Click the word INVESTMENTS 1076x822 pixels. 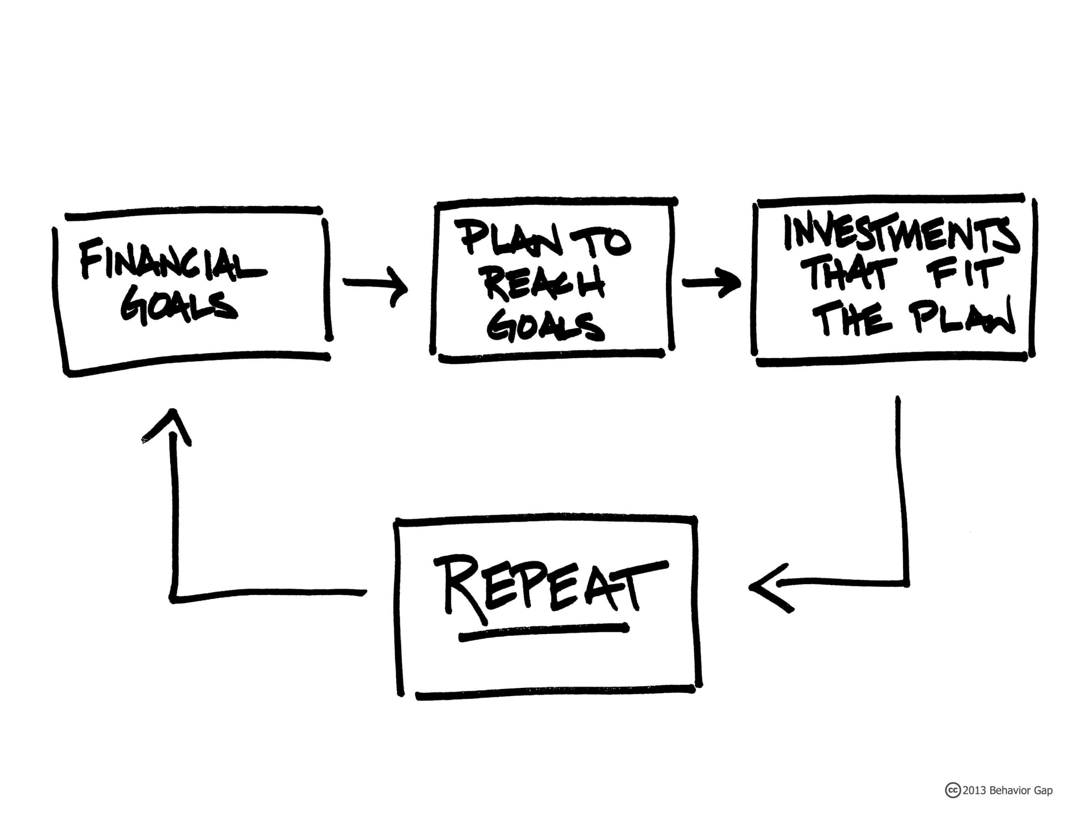click(x=901, y=234)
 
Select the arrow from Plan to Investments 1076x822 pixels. click(x=711, y=283)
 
